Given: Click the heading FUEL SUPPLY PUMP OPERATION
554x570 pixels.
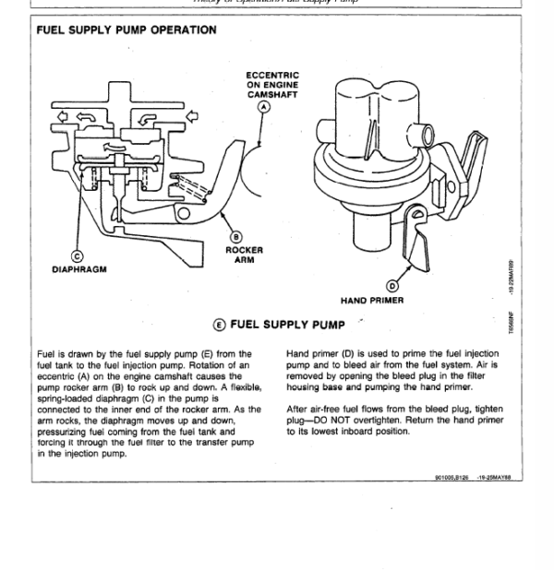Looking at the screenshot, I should point(126,30).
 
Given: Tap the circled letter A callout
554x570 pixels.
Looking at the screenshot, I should point(265,107).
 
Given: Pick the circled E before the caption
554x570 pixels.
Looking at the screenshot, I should point(219,325).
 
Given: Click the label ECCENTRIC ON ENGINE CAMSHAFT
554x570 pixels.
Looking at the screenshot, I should point(272,85).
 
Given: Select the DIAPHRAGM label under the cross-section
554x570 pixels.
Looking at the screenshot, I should point(79,270).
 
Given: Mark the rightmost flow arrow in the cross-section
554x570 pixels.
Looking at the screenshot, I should point(193,116).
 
